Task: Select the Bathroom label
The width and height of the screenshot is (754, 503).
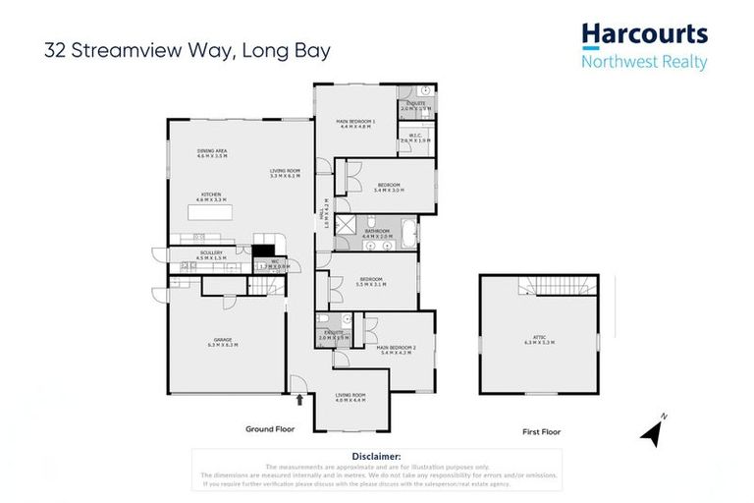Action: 377,234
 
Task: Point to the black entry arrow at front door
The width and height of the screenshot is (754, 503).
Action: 299,399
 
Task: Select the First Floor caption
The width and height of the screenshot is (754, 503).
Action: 540,429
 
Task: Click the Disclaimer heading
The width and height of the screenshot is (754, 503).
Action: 376,456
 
